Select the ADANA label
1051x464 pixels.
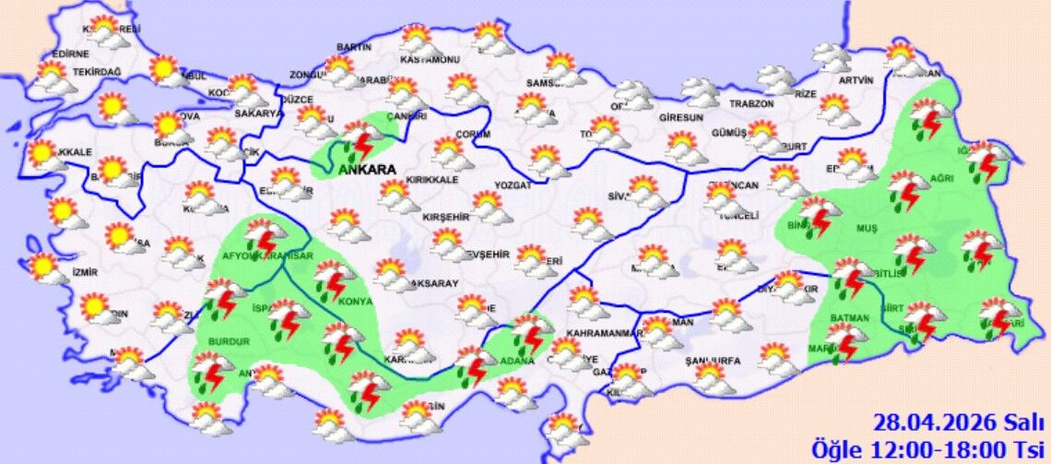point(516,360)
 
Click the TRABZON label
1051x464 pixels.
point(750,103)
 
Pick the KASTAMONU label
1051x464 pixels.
point(430,60)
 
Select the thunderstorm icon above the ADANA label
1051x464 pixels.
point(529,333)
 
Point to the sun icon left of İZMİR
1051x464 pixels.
point(43,268)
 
